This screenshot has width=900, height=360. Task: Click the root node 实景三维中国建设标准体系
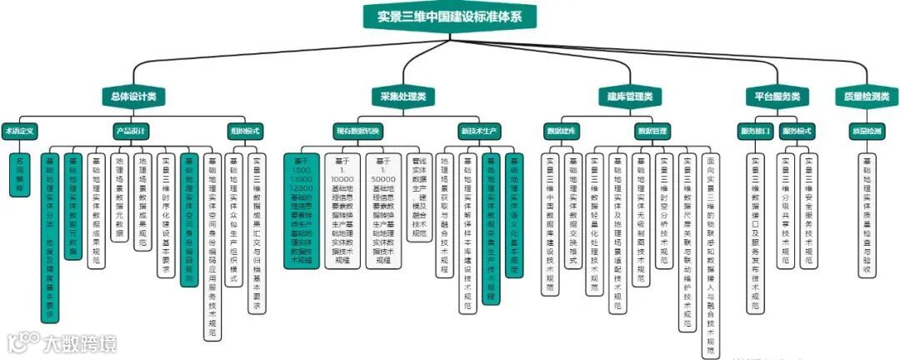click(x=450, y=15)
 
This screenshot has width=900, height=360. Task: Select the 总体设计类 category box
click(x=133, y=97)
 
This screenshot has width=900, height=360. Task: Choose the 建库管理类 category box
click(x=630, y=97)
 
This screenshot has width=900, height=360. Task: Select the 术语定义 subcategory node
click(x=19, y=131)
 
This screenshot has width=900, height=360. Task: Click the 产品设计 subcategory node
click(x=131, y=131)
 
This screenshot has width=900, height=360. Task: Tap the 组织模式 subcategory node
click(x=245, y=131)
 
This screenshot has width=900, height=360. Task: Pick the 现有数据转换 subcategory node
click(x=357, y=131)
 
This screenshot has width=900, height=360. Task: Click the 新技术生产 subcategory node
click(x=479, y=131)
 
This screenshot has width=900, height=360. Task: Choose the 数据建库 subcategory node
click(x=561, y=131)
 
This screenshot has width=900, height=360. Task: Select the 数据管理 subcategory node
click(x=652, y=131)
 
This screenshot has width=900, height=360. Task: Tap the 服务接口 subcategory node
click(x=754, y=131)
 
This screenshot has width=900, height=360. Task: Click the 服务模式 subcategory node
click(x=797, y=131)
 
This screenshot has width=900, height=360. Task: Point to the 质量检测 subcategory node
click(x=866, y=131)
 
